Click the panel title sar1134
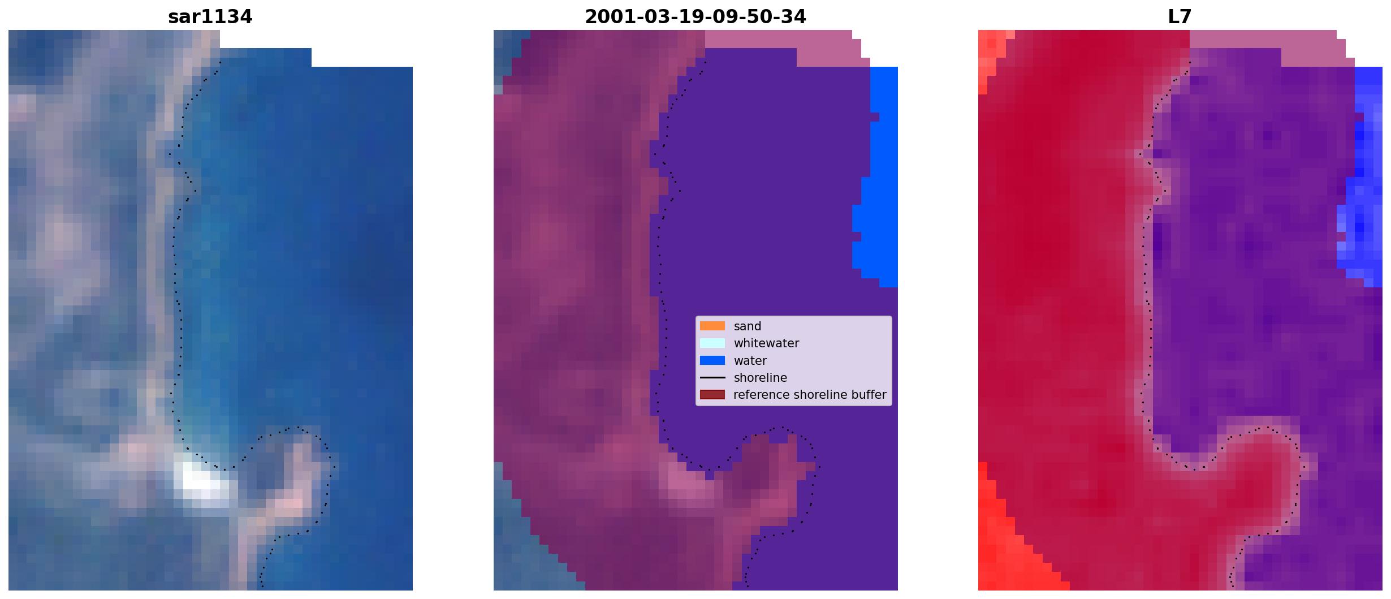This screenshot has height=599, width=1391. click(x=210, y=17)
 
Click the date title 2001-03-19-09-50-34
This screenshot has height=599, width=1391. click(x=695, y=17)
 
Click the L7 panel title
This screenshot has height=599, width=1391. click(x=1180, y=17)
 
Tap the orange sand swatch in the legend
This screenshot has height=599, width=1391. click(x=712, y=326)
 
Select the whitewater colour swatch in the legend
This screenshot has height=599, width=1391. click(x=712, y=343)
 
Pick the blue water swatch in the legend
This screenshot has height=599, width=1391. click(x=712, y=360)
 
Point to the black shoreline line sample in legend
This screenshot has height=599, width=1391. click(x=712, y=377)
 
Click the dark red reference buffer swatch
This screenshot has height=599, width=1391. click(x=712, y=394)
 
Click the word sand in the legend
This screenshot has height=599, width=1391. click(x=748, y=326)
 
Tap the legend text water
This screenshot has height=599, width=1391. click(x=750, y=361)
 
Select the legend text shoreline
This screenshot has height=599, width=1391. click(x=760, y=378)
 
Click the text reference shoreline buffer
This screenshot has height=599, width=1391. click(x=810, y=395)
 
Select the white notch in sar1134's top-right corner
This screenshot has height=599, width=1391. click(x=362, y=48)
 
